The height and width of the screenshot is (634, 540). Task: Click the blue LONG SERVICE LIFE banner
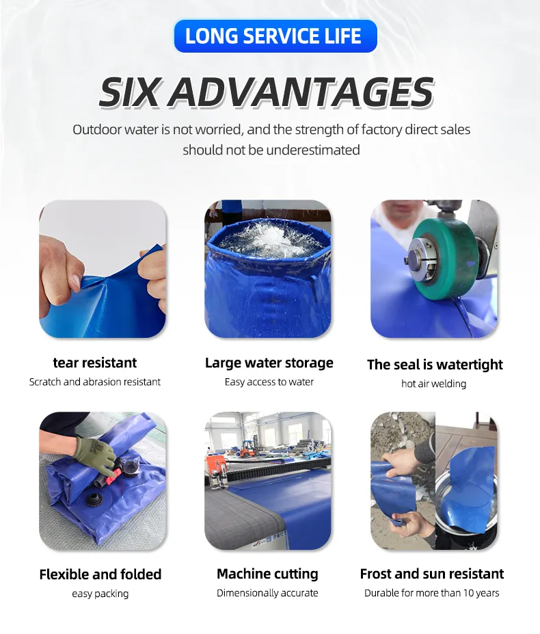click(x=275, y=36)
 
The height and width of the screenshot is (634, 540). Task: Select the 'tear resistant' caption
click(x=95, y=362)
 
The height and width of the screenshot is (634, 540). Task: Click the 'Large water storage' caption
click(x=269, y=362)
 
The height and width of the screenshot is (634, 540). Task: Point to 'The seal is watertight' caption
click(x=435, y=365)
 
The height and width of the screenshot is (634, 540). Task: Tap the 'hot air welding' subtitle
click(x=433, y=384)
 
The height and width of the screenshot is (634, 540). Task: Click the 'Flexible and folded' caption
click(x=100, y=574)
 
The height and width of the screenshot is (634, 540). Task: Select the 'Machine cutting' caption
click(x=267, y=574)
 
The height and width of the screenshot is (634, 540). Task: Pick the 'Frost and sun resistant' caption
click(x=432, y=574)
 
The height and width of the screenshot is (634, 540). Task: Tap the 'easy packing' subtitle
click(x=100, y=594)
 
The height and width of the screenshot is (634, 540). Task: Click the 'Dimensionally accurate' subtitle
click(x=267, y=593)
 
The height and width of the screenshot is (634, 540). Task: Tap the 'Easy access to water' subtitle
click(x=269, y=382)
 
